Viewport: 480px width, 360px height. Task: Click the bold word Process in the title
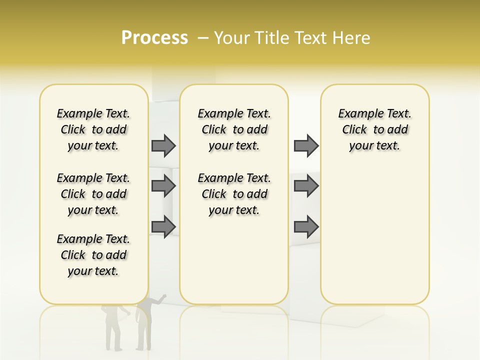(154, 38)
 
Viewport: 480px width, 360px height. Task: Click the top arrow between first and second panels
(163, 145)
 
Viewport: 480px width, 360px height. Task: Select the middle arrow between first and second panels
(163, 186)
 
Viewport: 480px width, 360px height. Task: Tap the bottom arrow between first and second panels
(163, 226)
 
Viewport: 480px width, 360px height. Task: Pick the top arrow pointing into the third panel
(306, 145)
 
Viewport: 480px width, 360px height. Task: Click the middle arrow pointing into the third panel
(306, 186)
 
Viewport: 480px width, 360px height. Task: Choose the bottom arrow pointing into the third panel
(306, 226)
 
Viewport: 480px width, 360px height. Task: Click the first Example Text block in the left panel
(93, 129)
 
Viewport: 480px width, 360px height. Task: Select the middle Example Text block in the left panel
(93, 194)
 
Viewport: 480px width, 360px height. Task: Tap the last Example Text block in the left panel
(93, 255)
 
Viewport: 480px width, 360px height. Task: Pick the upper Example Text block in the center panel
(234, 129)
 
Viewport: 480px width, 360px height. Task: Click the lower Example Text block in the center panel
(234, 194)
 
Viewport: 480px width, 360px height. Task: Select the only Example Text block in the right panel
(374, 129)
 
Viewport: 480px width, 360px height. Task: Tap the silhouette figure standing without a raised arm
(112, 327)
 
